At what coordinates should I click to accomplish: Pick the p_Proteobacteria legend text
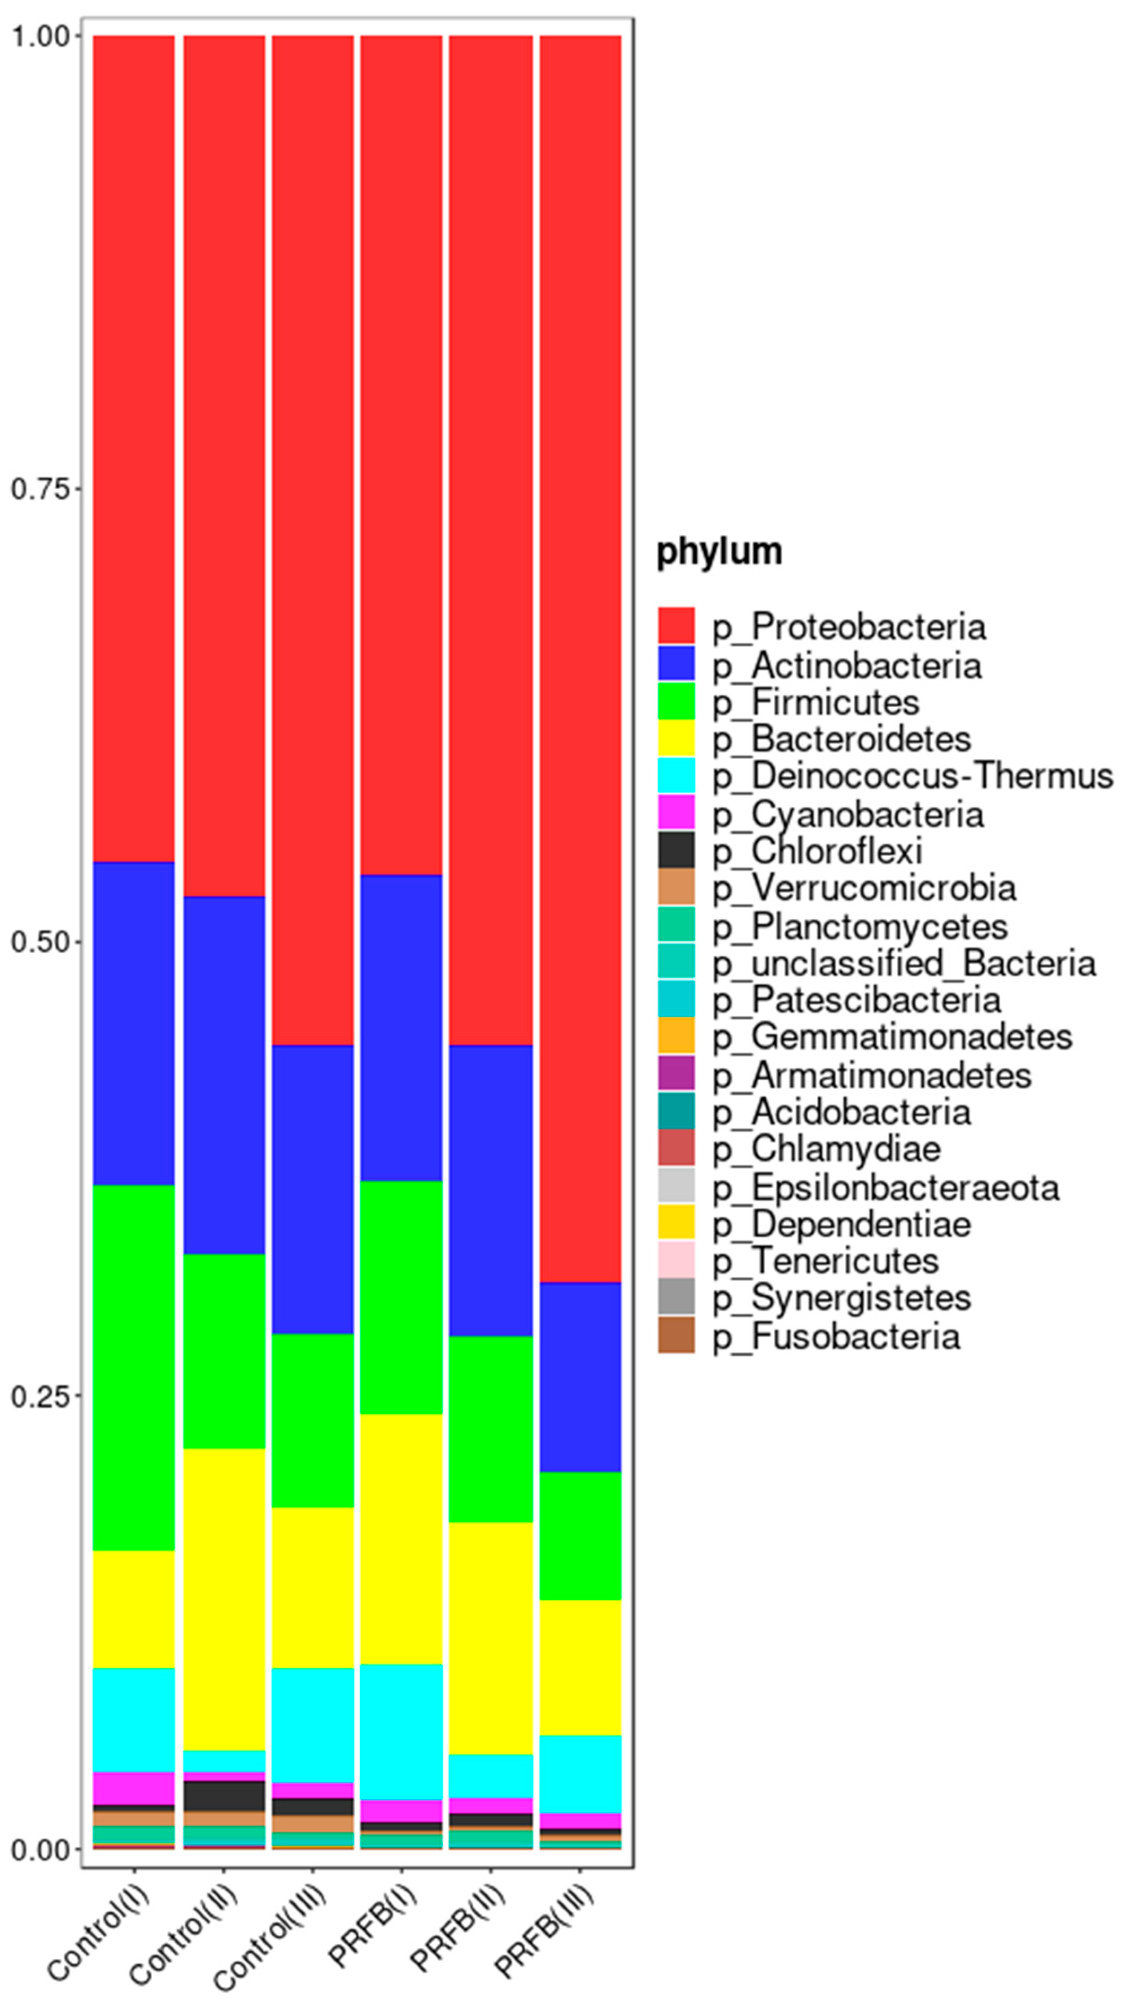(x=849, y=627)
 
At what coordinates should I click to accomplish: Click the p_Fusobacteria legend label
(x=836, y=1336)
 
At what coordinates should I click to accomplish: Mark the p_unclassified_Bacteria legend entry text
(x=904, y=963)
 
